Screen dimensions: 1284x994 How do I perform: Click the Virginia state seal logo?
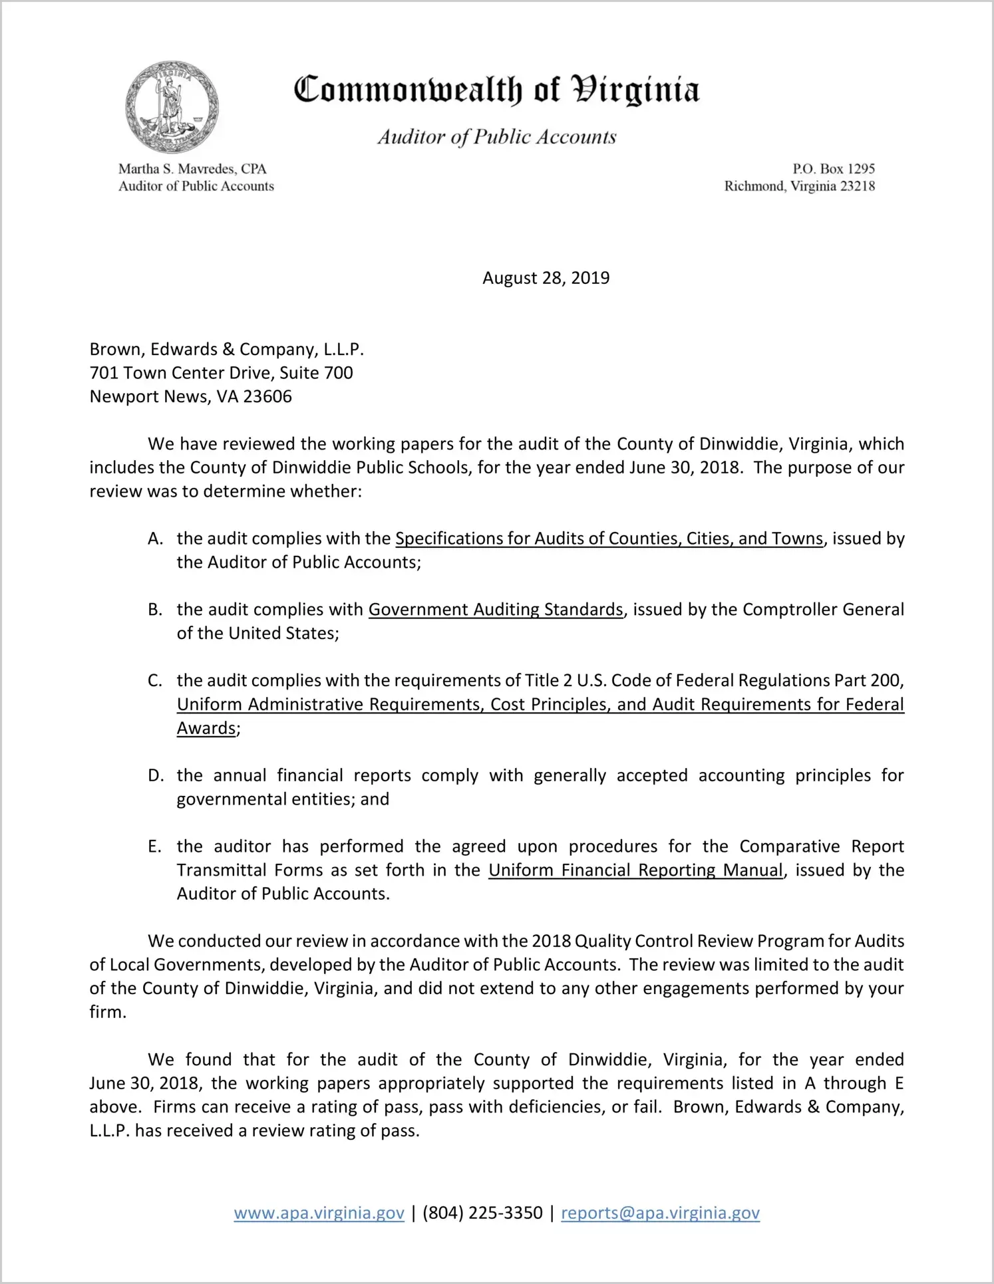pyautogui.click(x=172, y=108)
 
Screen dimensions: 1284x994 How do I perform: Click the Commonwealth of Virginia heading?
pyautogui.click(x=496, y=90)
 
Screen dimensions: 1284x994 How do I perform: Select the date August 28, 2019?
pyautogui.click(x=546, y=278)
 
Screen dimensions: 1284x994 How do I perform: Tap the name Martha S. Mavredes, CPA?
pyautogui.click(x=192, y=169)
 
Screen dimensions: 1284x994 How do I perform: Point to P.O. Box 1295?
pyautogui.click(x=833, y=169)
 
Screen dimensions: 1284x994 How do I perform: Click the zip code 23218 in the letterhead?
pyautogui.click(x=858, y=186)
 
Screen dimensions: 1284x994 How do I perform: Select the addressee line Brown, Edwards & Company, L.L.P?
pyautogui.click(x=227, y=350)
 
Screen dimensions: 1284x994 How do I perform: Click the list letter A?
pyautogui.click(x=155, y=539)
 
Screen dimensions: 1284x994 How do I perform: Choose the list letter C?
pyautogui.click(x=155, y=681)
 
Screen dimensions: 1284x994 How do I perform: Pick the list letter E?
pyautogui.click(x=154, y=847)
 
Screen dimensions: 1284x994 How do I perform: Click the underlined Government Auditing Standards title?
pyautogui.click(x=496, y=610)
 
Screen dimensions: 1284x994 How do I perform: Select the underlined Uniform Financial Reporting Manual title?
pyautogui.click(x=635, y=870)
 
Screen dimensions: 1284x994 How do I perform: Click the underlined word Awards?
pyautogui.click(x=206, y=729)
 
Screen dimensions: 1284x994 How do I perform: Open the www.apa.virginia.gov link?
pyautogui.click(x=319, y=1214)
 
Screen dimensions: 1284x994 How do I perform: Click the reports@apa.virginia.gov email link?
pyautogui.click(x=660, y=1214)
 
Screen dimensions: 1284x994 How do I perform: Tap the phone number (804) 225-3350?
pyautogui.click(x=482, y=1214)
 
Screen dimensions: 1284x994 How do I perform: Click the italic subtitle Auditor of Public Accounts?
pyautogui.click(x=497, y=137)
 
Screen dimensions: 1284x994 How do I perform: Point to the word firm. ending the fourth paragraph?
pyautogui.click(x=107, y=1013)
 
